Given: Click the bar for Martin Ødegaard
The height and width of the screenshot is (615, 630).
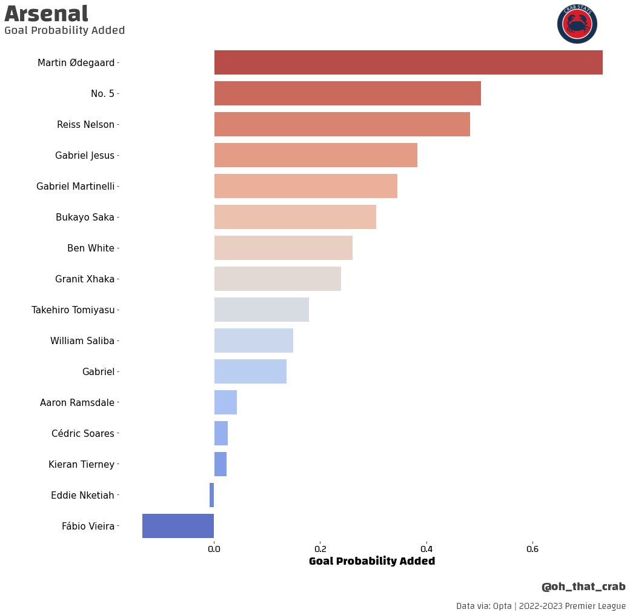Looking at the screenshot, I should pos(408,62).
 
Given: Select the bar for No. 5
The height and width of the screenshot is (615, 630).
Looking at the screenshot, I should pos(348,93).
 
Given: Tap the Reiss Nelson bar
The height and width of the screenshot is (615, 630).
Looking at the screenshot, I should pos(342,124).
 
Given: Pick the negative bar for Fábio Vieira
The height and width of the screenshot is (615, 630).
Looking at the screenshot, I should pos(178,526).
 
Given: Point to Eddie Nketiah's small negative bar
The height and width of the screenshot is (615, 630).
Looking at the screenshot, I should pos(211,495).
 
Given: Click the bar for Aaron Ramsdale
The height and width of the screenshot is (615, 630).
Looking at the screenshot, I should pos(225,402).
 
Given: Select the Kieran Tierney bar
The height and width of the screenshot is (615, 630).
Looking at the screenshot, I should pos(220,464).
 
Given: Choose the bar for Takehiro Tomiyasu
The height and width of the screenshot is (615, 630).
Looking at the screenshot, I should pos(262,310).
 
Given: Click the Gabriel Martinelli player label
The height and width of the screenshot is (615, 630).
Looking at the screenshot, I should pos(76,186).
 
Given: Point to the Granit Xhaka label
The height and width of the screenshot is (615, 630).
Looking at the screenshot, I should pos(85,279).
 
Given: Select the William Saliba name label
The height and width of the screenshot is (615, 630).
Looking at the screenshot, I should pos(82,341).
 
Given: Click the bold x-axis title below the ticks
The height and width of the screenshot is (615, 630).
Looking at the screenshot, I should pos(372,561).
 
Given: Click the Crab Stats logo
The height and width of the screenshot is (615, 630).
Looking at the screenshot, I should pos(577,24).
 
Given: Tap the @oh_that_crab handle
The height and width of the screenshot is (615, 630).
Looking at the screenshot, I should pos(583,587).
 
